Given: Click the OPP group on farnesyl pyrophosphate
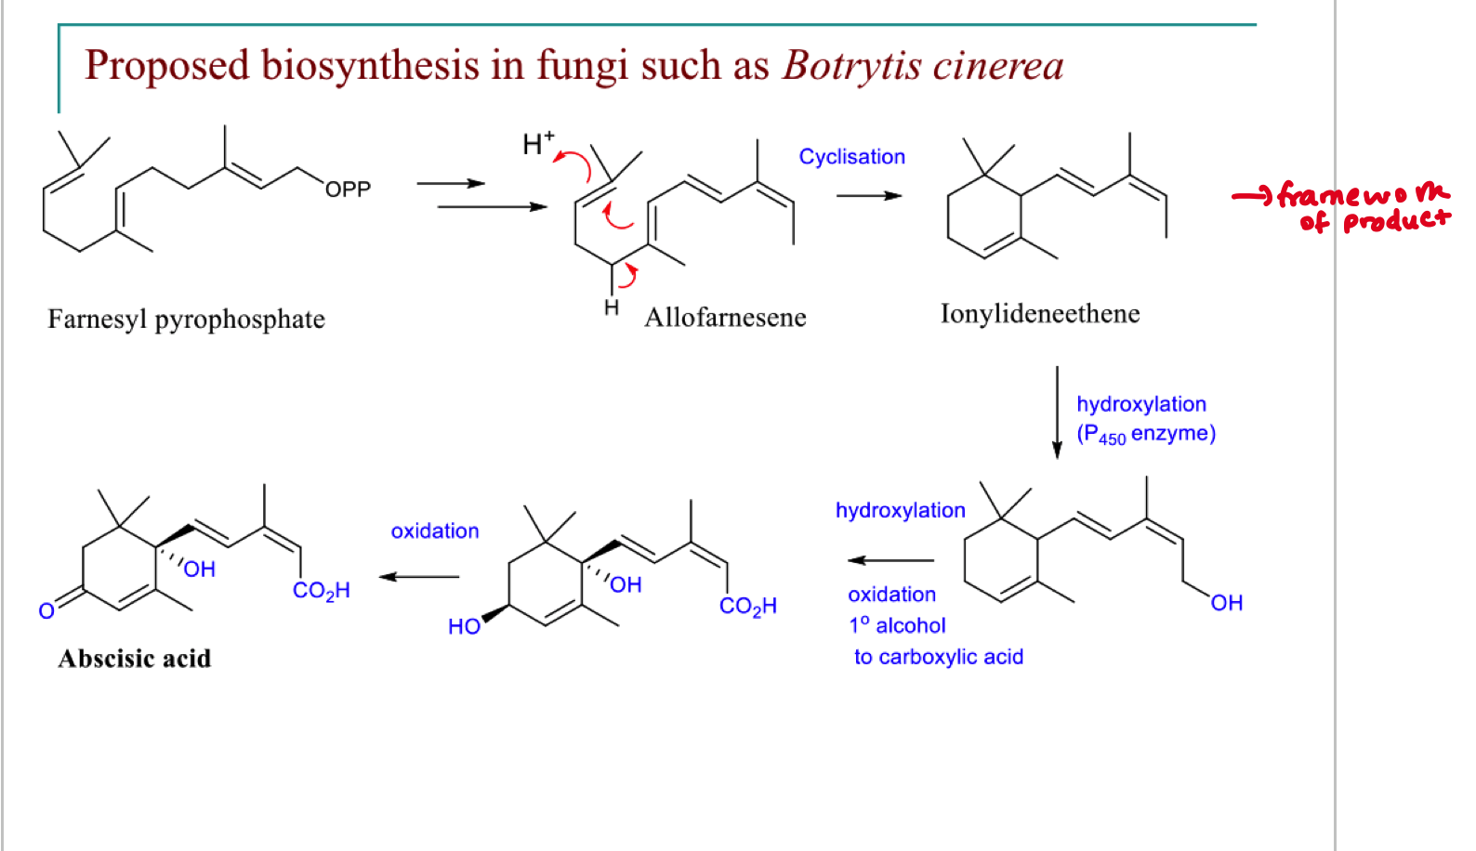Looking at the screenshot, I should (348, 190).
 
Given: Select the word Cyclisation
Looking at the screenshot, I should (851, 157).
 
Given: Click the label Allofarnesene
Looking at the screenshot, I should (725, 318).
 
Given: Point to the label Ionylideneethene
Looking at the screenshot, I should (1039, 314).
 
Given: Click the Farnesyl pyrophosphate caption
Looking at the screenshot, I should (186, 320).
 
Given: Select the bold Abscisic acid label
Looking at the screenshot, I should (135, 659).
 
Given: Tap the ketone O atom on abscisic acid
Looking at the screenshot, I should (46, 610).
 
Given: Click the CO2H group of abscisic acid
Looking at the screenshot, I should (321, 591).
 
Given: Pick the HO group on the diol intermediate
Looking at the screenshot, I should (464, 626).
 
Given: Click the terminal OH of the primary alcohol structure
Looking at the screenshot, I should (1226, 603).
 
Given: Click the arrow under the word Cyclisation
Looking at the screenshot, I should (869, 196).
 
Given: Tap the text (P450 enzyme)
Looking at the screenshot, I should (1145, 434).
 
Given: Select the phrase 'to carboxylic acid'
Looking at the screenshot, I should (938, 657).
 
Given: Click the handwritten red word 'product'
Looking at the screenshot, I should (1396, 221).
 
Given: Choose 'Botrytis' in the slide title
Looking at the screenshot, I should (850, 66).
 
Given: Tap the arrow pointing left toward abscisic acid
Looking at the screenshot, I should (420, 577).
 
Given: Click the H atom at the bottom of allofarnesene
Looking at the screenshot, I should (611, 308).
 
